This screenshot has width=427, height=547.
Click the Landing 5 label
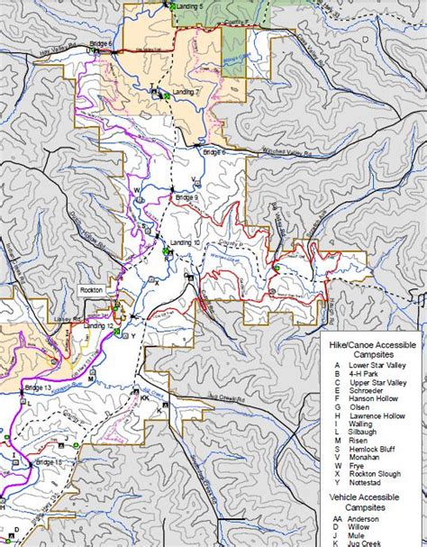(187, 6)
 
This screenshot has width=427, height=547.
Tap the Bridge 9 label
(186, 197)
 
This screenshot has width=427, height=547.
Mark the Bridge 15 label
(49, 462)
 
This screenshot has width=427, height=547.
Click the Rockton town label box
(92, 290)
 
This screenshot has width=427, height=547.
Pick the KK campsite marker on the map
(144, 397)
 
